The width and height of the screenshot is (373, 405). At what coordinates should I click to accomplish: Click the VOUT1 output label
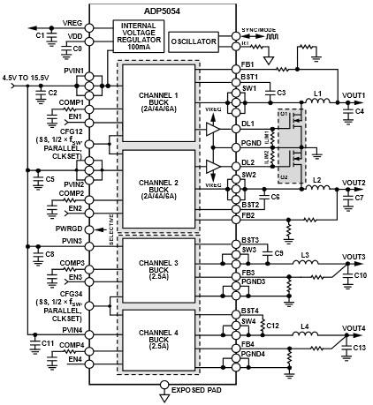(x=354, y=94)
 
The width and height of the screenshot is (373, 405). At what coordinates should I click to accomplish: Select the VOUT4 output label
(x=354, y=327)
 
